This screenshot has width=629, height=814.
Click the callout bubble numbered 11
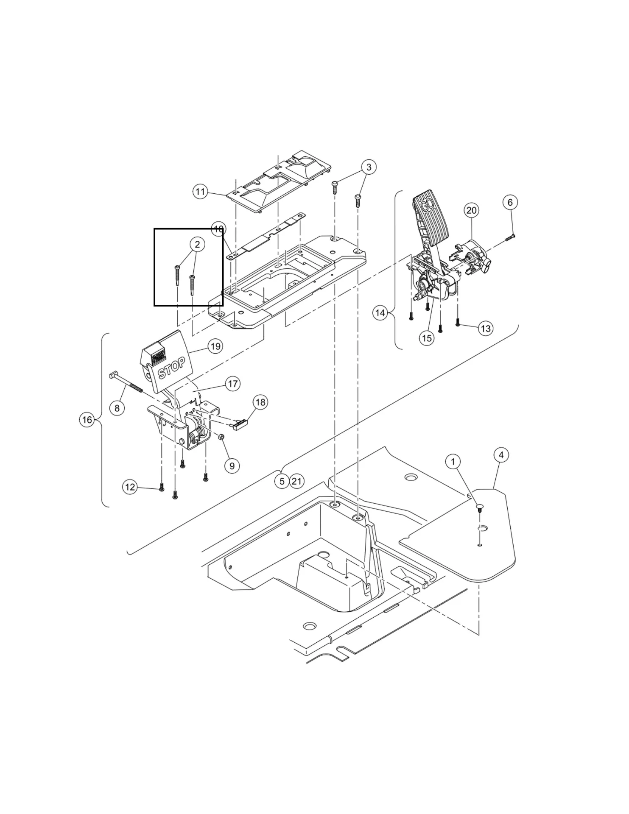(x=200, y=192)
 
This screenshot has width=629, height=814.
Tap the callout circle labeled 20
(x=471, y=210)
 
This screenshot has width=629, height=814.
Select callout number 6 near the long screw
(x=510, y=202)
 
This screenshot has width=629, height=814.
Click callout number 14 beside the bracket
(x=380, y=313)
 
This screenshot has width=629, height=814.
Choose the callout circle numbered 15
(x=427, y=338)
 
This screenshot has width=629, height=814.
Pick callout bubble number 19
(x=215, y=346)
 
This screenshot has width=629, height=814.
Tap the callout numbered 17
(x=233, y=384)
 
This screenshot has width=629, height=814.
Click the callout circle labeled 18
(x=260, y=402)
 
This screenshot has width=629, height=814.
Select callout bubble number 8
(x=117, y=408)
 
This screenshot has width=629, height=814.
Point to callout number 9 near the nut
(x=232, y=466)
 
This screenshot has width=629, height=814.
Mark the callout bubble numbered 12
(x=130, y=487)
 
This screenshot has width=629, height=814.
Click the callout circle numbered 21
(x=296, y=481)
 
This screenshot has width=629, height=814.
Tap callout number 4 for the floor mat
(x=501, y=455)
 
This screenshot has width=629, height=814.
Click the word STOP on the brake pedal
(x=171, y=368)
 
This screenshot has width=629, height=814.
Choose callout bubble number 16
(x=87, y=420)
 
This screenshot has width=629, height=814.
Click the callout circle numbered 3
(x=369, y=167)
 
